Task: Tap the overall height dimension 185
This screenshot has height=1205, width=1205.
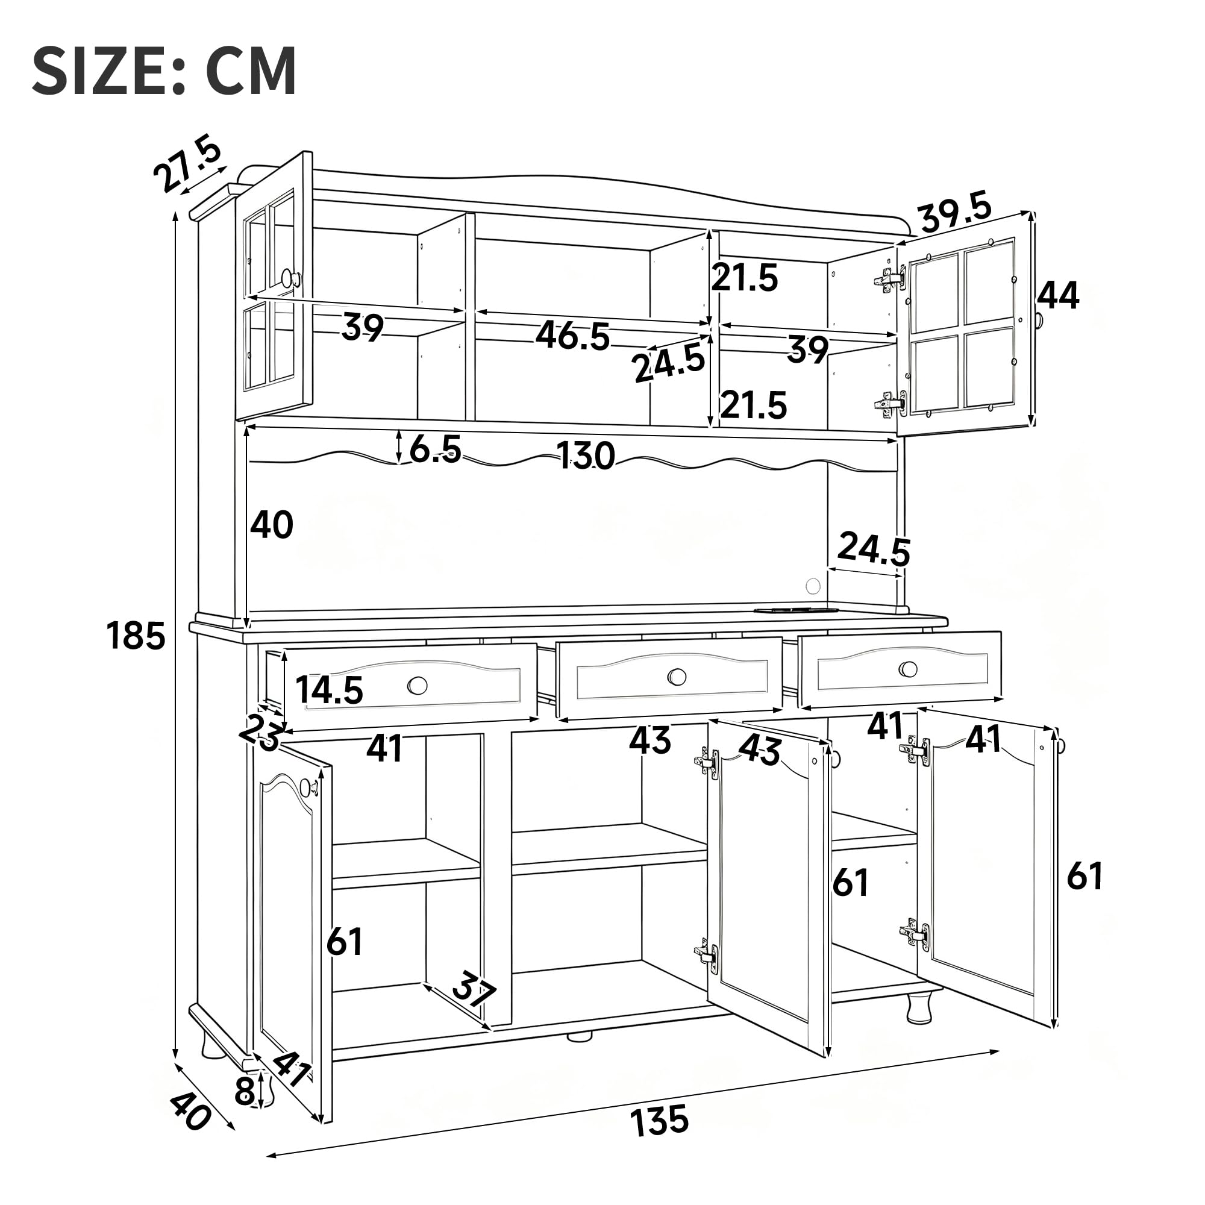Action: click(x=136, y=637)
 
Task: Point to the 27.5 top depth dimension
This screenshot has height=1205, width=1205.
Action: click(x=187, y=164)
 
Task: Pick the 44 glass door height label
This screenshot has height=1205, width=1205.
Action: click(x=1059, y=295)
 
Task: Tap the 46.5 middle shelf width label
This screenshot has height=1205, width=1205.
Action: click(x=572, y=336)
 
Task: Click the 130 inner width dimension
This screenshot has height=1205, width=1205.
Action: click(x=585, y=455)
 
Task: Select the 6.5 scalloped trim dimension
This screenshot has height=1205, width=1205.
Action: click(x=436, y=448)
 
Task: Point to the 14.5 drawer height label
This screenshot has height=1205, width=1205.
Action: click(x=329, y=690)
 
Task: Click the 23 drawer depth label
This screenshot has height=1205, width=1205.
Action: click(x=260, y=731)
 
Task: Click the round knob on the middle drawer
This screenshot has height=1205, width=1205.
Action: click(x=677, y=676)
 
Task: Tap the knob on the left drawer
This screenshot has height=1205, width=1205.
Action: click(x=418, y=686)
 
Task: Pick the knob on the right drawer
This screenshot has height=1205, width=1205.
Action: click(x=908, y=669)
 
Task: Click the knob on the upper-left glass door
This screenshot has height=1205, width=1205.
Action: click(x=290, y=278)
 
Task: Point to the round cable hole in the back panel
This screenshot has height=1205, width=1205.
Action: click(x=813, y=586)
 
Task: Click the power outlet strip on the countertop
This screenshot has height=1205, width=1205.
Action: click(x=796, y=610)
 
